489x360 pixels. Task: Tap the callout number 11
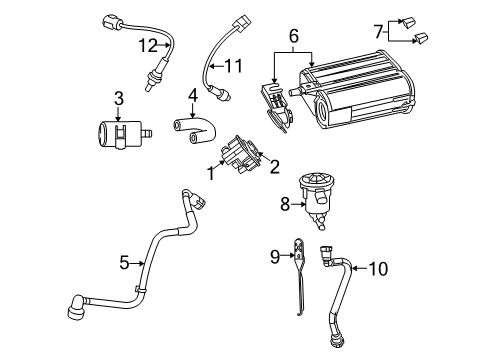(234, 67)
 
